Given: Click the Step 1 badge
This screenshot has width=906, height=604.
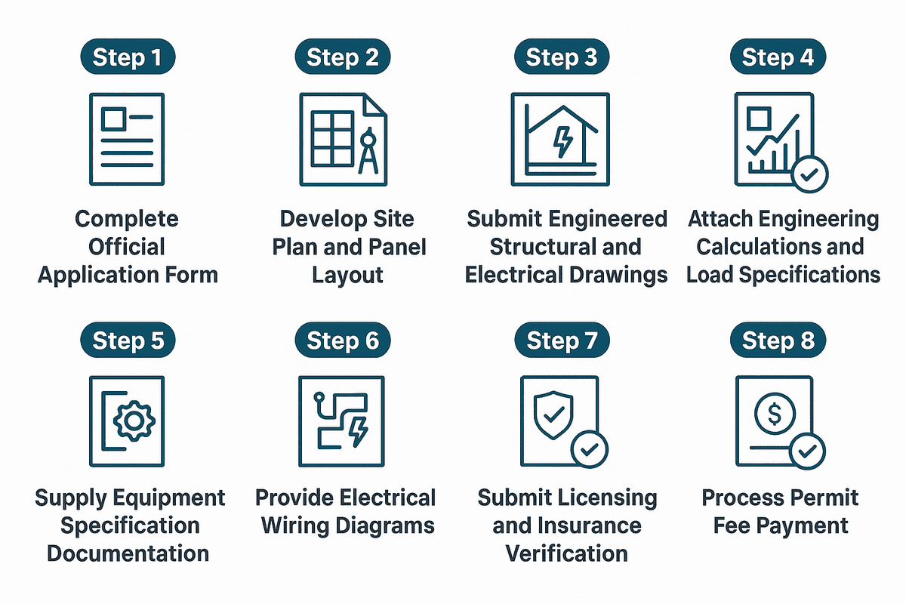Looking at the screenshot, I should click(128, 58).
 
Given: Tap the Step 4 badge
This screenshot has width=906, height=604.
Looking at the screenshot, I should click(778, 58).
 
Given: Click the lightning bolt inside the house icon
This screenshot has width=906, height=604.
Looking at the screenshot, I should click(562, 141).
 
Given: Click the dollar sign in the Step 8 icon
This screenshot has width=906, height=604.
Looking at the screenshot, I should click(775, 414).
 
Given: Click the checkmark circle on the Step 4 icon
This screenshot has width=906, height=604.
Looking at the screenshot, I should click(809, 175).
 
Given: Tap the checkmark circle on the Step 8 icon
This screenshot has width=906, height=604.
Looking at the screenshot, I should click(807, 452).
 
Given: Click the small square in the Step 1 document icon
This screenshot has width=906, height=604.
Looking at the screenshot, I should click(114, 119).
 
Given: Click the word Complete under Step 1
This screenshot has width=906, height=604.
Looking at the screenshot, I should click(127, 220).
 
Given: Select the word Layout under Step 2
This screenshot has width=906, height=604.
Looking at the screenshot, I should click(347, 274).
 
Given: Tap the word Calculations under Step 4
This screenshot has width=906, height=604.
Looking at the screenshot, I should click(780, 247).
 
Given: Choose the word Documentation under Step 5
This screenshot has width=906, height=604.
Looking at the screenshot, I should click(128, 553).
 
